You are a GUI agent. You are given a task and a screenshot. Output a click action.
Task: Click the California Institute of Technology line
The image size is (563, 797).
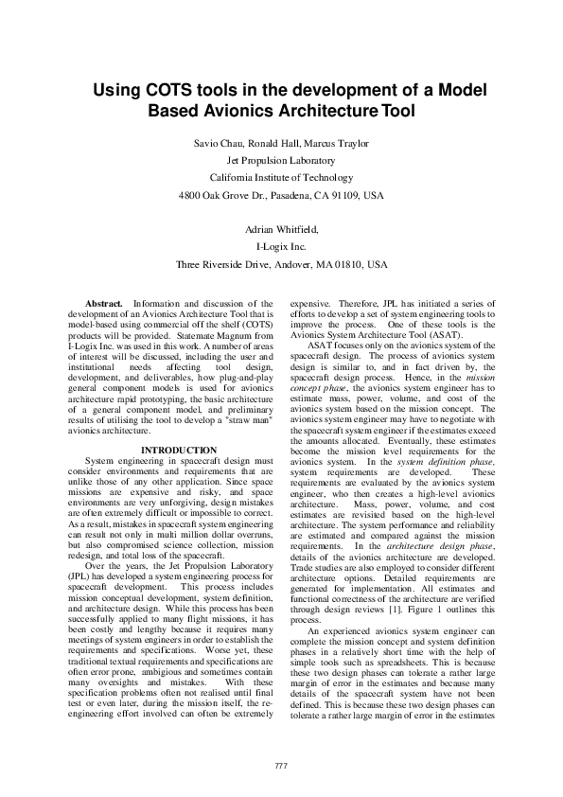pos(281,177)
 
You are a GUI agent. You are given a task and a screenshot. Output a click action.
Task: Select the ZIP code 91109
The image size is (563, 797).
pos(345,195)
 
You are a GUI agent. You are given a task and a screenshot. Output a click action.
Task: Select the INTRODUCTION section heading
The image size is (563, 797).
pos(179,450)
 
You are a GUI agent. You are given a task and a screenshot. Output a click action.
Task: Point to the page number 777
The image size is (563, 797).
pos(281,765)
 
